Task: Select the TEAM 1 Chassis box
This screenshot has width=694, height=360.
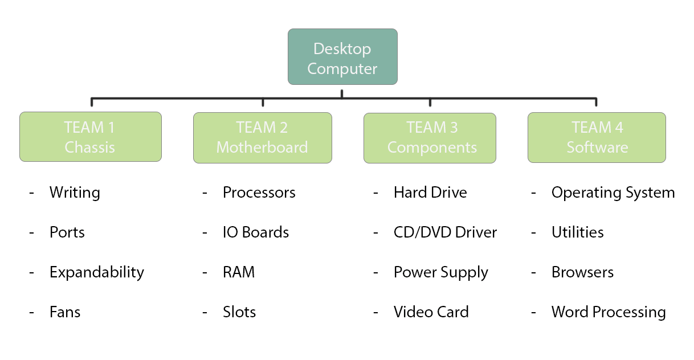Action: tap(90, 137)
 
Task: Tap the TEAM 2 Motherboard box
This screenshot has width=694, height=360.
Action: tap(262, 137)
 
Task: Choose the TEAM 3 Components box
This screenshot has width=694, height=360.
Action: tap(430, 137)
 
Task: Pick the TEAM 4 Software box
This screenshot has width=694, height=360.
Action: tap(596, 137)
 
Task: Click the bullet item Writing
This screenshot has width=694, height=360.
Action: tap(75, 193)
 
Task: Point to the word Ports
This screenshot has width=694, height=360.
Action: tap(67, 232)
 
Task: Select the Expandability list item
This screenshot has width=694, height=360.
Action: tap(96, 272)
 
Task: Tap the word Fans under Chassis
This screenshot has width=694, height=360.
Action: tap(65, 312)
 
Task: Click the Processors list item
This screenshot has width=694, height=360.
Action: tap(259, 193)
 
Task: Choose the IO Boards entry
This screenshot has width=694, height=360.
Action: tap(255, 232)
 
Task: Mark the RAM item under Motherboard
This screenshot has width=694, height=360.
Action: tap(238, 272)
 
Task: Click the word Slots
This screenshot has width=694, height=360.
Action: tap(239, 312)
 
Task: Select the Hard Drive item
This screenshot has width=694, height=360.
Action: tap(430, 193)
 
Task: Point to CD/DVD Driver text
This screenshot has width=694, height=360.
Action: tap(445, 232)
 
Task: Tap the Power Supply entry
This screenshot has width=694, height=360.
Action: tap(440, 273)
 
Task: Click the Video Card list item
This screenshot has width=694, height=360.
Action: tap(431, 312)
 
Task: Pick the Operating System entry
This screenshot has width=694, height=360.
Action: tap(613, 193)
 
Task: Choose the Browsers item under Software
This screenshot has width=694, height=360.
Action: tap(582, 272)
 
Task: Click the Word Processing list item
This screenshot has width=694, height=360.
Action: tap(608, 313)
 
